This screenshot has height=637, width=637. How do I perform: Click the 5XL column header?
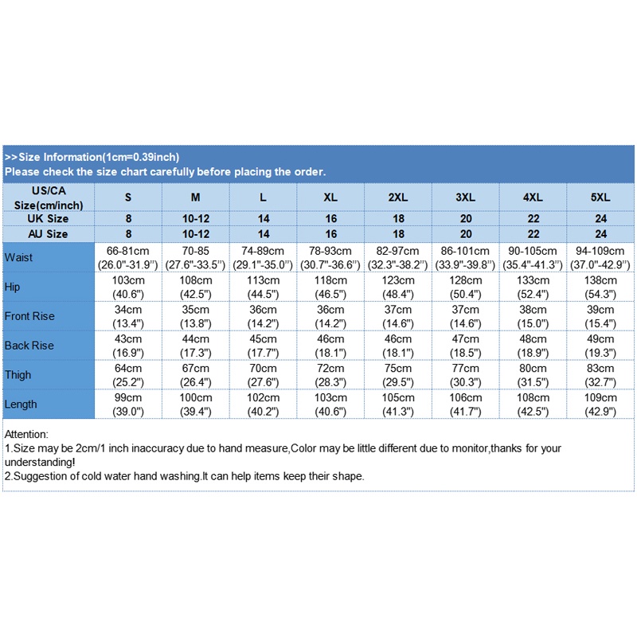tap(600, 197)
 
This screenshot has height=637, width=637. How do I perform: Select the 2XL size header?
tap(398, 197)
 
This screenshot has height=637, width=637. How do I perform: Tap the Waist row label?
tap(18, 257)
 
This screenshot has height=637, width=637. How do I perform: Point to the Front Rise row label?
tap(29, 316)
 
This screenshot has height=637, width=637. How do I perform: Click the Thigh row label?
tap(18, 374)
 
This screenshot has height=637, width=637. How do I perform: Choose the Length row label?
tap(21, 404)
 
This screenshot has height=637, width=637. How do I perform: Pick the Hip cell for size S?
tap(128, 287)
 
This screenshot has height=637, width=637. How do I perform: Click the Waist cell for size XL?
tap(330, 257)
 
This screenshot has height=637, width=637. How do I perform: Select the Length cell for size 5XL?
tap(600, 404)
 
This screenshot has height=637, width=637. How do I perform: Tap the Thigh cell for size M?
tap(195, 374)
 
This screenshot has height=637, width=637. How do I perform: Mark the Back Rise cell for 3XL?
tap(466, 345)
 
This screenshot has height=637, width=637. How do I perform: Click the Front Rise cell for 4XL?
tap(533, 316)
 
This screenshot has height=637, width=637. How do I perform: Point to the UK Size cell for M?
tap(195, 218)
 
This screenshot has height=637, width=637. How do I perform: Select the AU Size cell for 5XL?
tap(600, 233)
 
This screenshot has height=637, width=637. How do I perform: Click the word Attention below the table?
tap(26, 435)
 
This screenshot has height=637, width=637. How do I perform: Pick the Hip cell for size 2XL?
tap(398, 287)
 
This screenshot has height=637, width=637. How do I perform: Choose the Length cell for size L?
tap(263, 404)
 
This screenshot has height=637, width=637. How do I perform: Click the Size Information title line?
tap(92, 157)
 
